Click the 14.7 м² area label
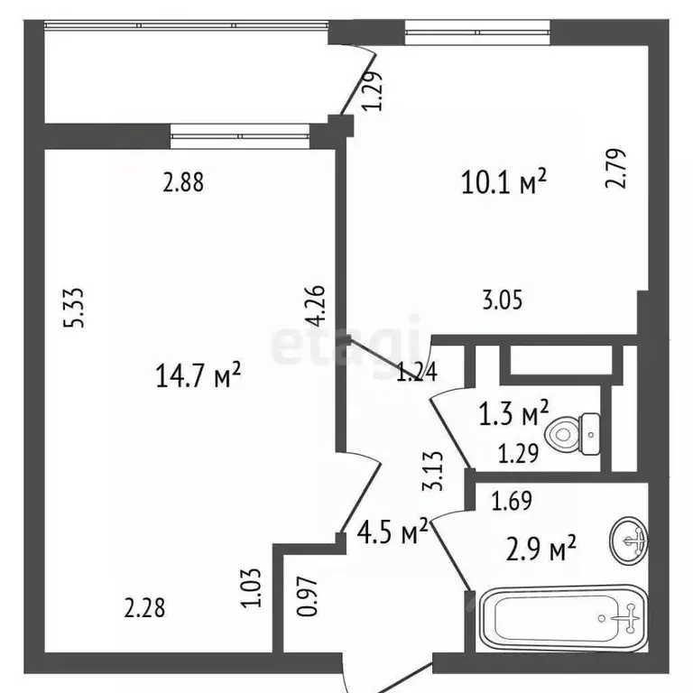[x=198, y=374]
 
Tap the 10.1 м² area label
[x=504, y=183]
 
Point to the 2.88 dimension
[x=183, y=183]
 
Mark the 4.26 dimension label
[x=315, y=307]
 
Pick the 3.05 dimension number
[x=502, y=300]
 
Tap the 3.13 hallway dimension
[x=434, y=471]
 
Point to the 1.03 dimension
[x=253, y=587]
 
